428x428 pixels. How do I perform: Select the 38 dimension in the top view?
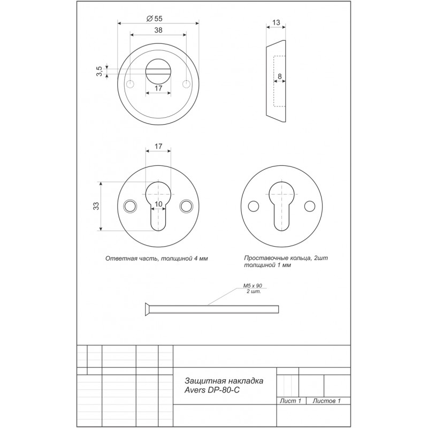click(158, 31)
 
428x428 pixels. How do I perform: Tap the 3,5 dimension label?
click(100, 72)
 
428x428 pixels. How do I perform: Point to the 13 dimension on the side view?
click(276, 22)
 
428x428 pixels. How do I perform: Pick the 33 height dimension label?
click(96, 207)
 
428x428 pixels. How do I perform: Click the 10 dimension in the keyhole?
click(158, 204)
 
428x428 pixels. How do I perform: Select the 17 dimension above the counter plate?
click(158, 146)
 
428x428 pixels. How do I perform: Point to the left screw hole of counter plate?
click(129, 205)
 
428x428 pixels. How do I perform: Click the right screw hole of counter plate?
click(186, 205)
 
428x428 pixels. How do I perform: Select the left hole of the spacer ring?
click(253, 205)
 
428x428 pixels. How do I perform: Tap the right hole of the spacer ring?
click(309, 205)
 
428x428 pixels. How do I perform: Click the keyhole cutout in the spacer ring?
click(281, 203)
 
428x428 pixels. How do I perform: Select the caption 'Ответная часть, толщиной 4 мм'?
click(157, 258)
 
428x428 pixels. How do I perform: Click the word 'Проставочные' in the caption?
click(263, 258)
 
